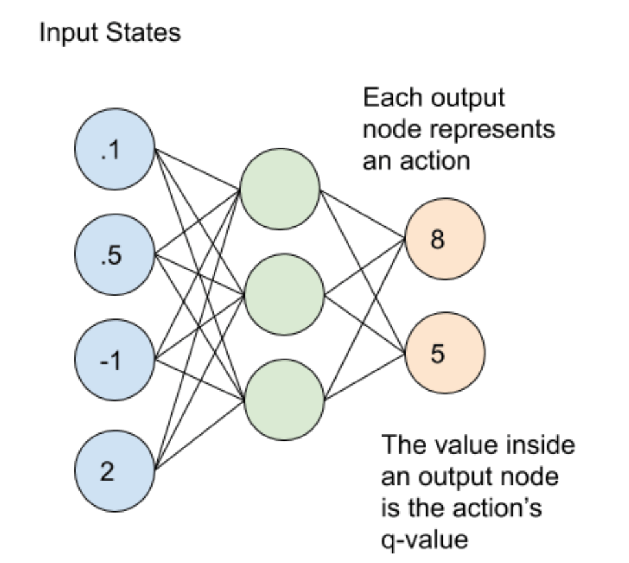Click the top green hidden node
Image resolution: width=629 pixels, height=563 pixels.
(280, 190)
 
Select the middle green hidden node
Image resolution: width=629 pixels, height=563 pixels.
(283, 294)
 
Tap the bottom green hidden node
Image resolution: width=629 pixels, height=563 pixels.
(283, 396)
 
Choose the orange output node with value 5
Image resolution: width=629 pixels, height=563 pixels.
(445, 353)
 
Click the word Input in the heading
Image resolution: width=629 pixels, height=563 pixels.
(63, 33)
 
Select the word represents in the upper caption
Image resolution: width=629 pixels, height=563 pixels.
(495, 129)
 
